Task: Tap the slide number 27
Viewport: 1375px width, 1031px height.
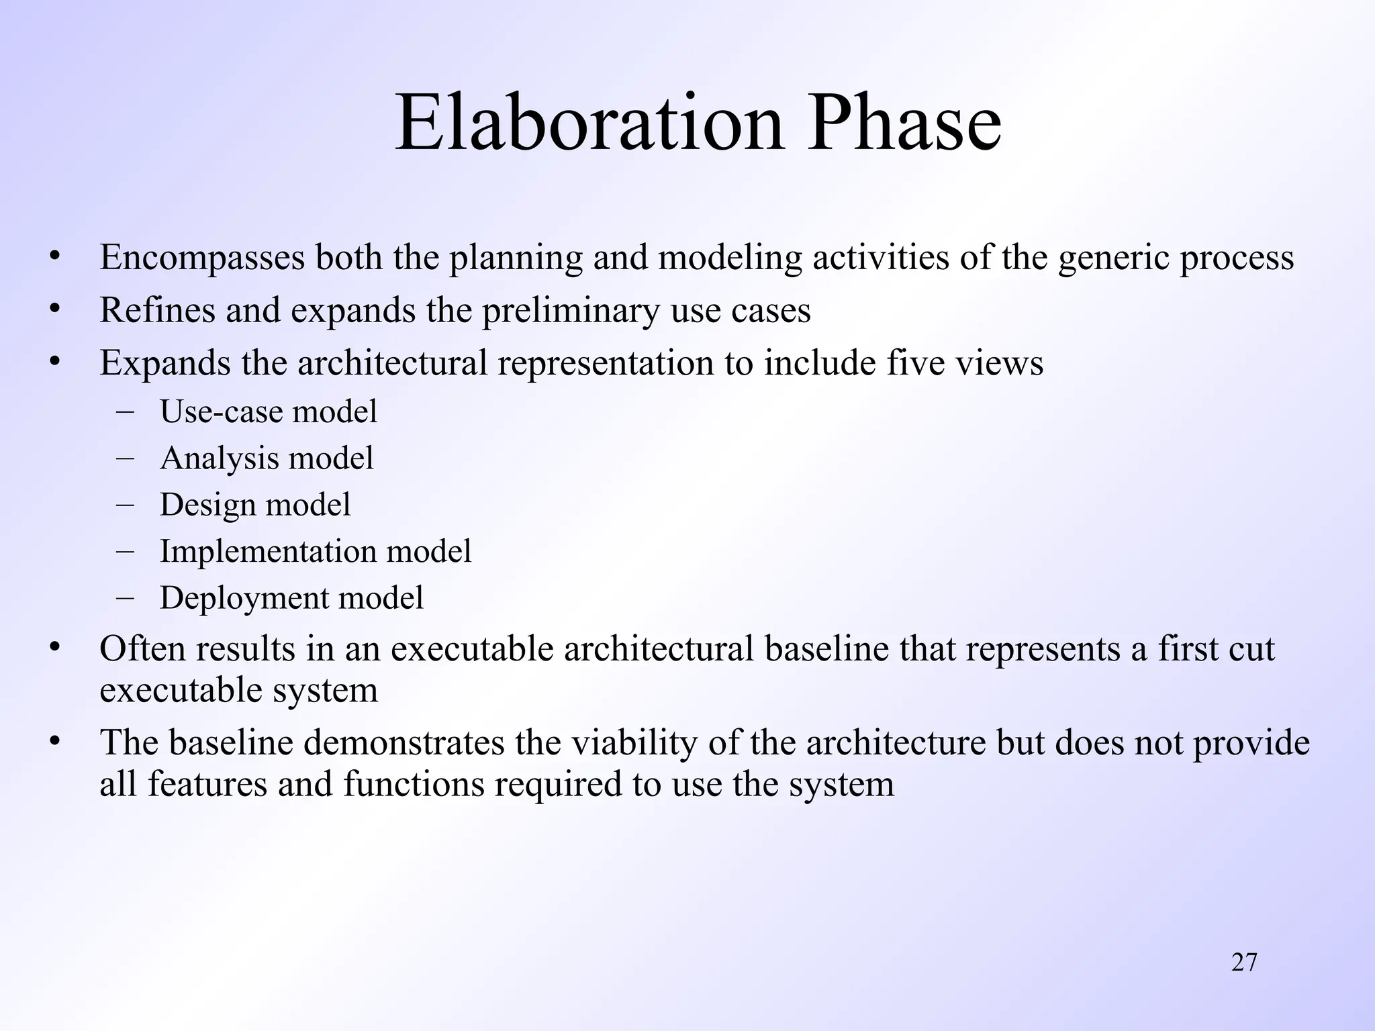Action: coord(1244,963)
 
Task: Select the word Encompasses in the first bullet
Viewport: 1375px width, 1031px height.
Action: coord(202,258)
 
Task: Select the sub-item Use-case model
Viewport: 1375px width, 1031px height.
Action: coord(269,411)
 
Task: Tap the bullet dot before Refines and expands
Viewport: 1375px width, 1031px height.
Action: coord(55,309)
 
